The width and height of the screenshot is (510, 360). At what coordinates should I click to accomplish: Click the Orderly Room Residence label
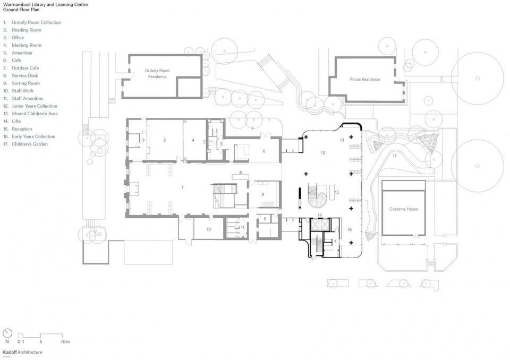157,73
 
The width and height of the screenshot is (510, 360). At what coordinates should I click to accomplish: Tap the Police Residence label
365,79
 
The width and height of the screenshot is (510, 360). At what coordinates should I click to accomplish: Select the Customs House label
404,209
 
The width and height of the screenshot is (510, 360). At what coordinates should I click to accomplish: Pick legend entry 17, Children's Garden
25,144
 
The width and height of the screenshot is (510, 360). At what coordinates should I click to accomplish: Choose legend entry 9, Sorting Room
21,83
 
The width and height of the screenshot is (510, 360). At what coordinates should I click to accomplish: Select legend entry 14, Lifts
12,121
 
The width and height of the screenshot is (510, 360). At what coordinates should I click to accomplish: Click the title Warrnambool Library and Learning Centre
46,5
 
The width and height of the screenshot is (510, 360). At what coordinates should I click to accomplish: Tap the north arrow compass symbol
7,333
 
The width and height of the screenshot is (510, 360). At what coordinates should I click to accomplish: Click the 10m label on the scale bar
65,341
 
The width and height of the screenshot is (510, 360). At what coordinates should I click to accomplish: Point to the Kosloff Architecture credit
22,352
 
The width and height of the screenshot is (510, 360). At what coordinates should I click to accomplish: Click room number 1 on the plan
182,187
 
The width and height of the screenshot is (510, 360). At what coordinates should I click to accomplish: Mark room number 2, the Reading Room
165,140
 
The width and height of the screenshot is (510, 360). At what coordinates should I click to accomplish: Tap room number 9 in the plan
263,194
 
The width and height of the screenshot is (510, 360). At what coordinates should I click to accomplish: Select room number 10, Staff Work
209,229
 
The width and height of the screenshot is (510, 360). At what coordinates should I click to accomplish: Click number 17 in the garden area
395,156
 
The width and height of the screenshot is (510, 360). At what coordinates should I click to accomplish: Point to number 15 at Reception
337,192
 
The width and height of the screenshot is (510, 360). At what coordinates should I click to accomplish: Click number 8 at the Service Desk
241,173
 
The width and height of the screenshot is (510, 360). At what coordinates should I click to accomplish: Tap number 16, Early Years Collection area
350,229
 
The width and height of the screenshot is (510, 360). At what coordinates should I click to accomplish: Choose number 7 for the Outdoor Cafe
252,129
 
